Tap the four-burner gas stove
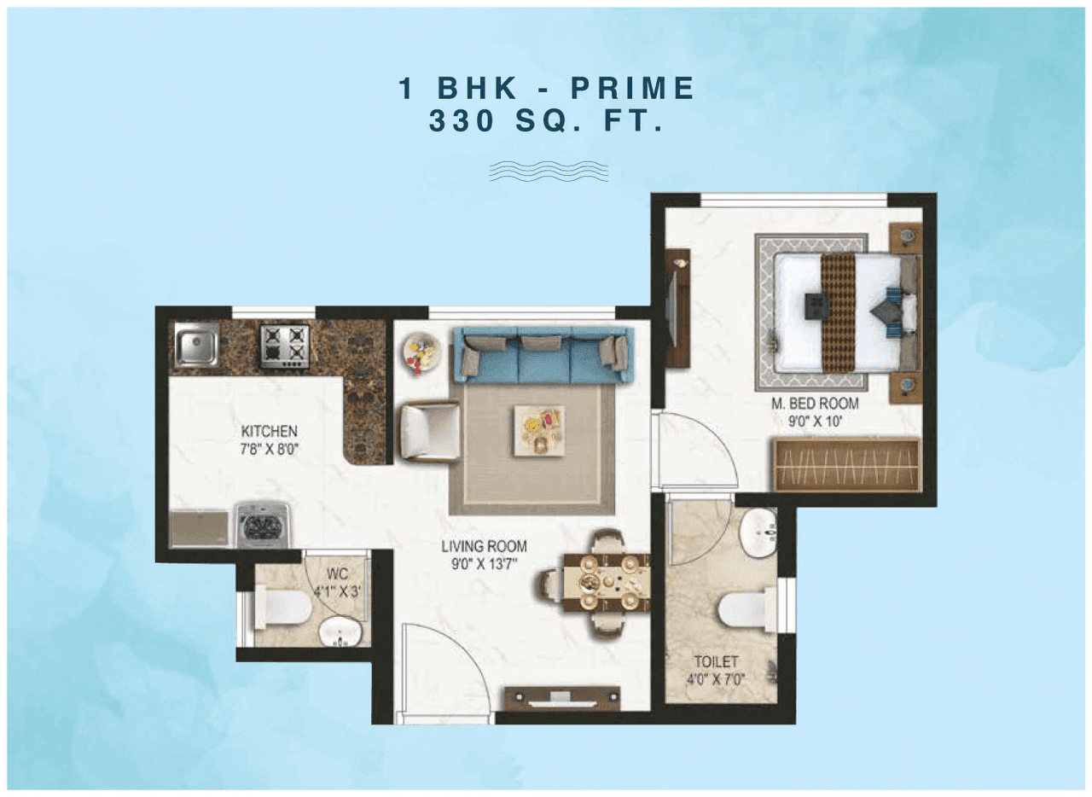tap(285, 346)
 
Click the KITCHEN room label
tap(269, 431)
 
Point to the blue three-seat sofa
tap(543, 354)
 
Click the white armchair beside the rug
tap(429, 432)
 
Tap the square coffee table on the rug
tap(538, 430)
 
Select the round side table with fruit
tap(421, 352)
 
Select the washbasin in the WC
tap(340, 632)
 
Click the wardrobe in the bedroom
tap(846, 465)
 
